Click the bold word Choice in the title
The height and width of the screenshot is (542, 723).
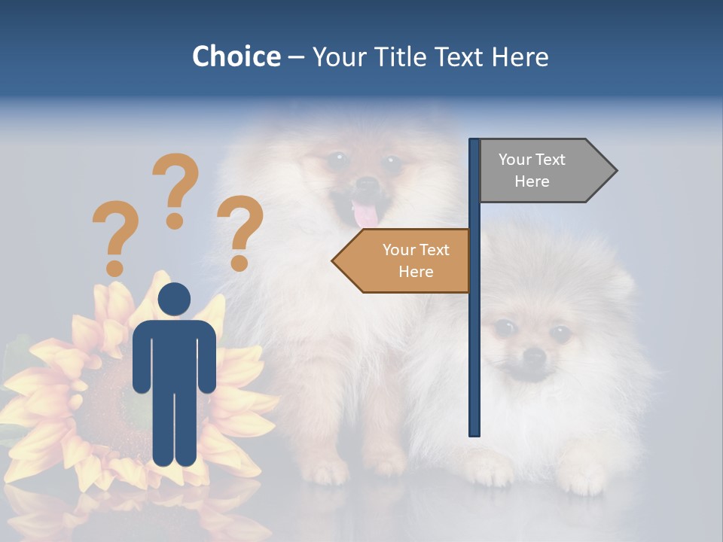pyautogui.click(x=236, y=56)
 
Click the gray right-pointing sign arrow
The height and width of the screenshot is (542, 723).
pyautogui.click(x=542, y=171)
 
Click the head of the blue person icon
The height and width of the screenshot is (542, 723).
pyautogui.click(x=174, y=299)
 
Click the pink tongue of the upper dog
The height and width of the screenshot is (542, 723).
pyautogui.click(x=366, y=215)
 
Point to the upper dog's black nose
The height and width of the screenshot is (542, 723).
pyautogui.click(x=367, y=183)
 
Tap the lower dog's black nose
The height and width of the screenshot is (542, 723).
pyautogui.click(x=534, y=355)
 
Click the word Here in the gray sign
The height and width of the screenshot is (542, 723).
pyautogui.click(x=532, y=181)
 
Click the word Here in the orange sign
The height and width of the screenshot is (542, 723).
pyautogui.click(x=416, y=272)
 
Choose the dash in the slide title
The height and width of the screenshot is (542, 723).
pyautogui.click(x=296, y=57)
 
